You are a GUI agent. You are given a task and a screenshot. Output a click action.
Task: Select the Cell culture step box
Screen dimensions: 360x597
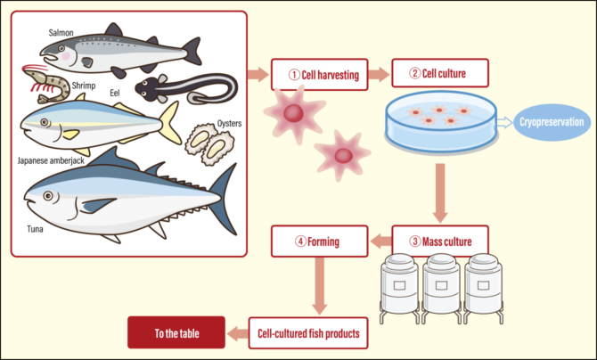point(437,74)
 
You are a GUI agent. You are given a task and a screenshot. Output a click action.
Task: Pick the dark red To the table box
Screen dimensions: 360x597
point(176,334)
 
